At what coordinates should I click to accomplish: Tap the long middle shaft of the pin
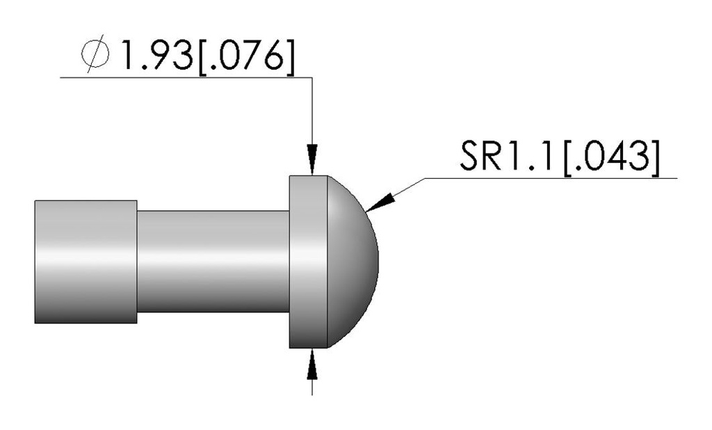(212, 261)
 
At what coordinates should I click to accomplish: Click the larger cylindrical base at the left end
(85, 261)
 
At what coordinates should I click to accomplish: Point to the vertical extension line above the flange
(312, 111)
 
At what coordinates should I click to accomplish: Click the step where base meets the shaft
(137, 261)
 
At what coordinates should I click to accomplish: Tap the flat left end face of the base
(35, 261)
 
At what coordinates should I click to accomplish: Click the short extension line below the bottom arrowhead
(312, 386)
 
